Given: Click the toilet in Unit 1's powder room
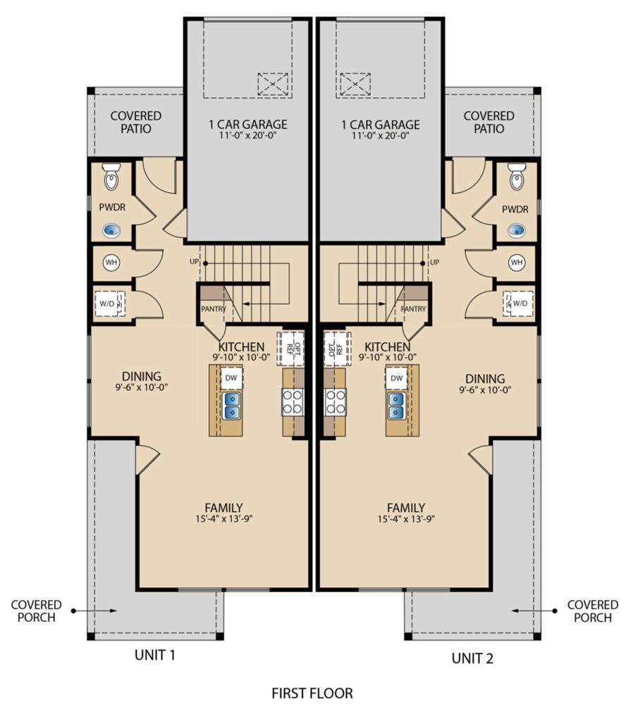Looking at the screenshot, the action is pyautogui.click(x=111, y=177).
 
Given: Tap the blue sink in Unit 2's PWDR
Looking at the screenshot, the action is pyautogui.click(x=516, y=230).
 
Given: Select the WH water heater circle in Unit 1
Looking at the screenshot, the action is pyautogui.click(x=111, y=263).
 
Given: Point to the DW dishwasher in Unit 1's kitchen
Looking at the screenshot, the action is pyautogui.click(x=231, y=378).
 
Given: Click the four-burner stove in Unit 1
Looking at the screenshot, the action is pyautogui.click(x=293, y=402).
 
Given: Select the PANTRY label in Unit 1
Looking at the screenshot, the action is pyautogui.click(x=214, y=309).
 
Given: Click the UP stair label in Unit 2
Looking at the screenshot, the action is pyautogui.click(x=434, y=262).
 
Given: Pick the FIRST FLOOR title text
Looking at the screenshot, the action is pyautogui.click(x=312, y=693).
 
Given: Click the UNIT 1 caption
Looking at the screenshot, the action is pyautogui.click(x=155, y=655).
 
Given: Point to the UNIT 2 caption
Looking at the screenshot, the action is pyautogui.click(x=472, y=658).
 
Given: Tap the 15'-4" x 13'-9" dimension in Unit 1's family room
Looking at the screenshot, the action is pyautogui.click(x=223, y=519).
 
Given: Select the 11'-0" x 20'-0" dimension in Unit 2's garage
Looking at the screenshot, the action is pyautogui.click(x=381, y=136).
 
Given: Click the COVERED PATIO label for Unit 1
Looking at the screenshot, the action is pyautogui.click(x=136, y=123).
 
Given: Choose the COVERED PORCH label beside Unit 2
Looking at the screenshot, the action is pyautogui.click(x=593, y=611).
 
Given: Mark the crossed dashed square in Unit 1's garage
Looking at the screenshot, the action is pyautogui.click(x=273, y=84).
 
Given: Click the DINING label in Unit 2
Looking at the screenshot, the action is pyautogui.click(x=485, y=379).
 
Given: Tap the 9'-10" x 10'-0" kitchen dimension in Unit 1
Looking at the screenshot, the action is pyautogui.click(x=241, y=357).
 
